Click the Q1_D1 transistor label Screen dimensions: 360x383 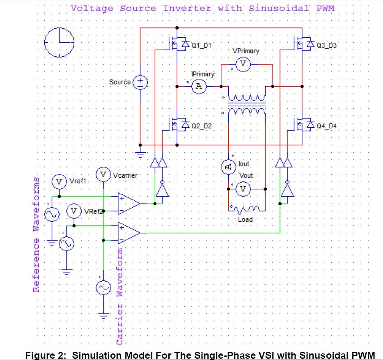point(202,45)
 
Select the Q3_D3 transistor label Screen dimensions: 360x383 point(327,45)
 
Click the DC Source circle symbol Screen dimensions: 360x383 point(140,82)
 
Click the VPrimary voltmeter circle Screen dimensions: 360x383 point(243,64)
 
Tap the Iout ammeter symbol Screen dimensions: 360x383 point(228,166)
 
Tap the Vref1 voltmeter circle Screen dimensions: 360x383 point(59,181)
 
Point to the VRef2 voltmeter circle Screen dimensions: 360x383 point(74,211)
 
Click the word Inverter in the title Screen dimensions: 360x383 point(187,8)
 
